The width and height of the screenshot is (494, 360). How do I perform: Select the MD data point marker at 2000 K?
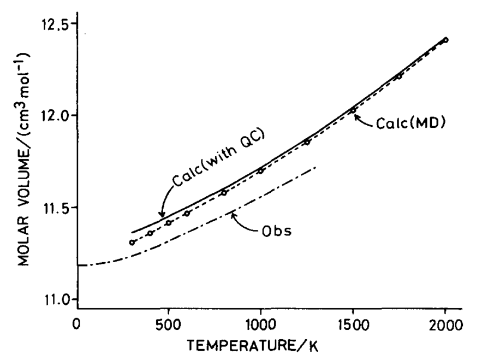tap(445, 40)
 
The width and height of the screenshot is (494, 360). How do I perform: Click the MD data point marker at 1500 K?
tap(353, 110)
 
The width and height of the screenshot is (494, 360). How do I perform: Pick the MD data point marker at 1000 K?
tap(260, 170)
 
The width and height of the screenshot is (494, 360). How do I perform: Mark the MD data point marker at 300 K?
tap(132, 242)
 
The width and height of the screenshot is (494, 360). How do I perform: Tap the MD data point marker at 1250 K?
tap(307, 142)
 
